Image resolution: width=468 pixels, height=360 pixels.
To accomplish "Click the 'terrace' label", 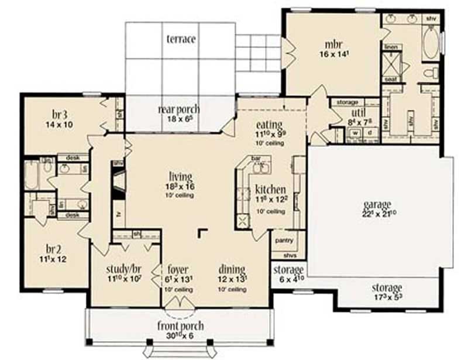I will pyautogui.click(x=181, y=39).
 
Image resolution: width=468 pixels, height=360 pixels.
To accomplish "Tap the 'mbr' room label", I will pyautogui.click(x=333, y=44).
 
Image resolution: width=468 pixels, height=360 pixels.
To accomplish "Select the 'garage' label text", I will pyautogui.click(x=377, y=204).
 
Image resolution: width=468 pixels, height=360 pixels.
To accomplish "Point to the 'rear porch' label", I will pyautogui.click(x=179, y=109).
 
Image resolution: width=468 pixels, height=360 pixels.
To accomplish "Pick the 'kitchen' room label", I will pyautogui.click(x=270, y=190).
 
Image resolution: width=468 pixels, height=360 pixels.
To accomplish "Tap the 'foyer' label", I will pyautogui.click(x=178, y=269).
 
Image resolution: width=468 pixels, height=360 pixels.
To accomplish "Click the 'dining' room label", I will pyautogui.click(x=232, y=269).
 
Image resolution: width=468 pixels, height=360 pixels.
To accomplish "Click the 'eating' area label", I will pyautogui.click(x=269, y=125).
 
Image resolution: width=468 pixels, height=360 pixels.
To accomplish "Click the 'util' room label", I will pyautogui.click(x=359, y=112).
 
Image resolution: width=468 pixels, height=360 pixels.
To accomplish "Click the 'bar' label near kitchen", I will pyautogui.click(x=255, y=158).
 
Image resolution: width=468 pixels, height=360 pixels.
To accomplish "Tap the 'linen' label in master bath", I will pyautogui.click(x=391, y=46).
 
